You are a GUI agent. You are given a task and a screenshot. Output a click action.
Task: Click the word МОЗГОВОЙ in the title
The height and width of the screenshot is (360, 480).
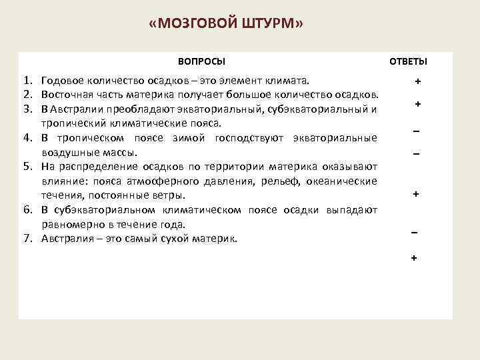[197, 25]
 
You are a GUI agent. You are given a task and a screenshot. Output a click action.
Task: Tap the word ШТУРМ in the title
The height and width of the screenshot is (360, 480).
[270, 25]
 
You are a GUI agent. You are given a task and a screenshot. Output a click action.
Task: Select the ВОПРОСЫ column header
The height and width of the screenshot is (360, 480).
[201, 61]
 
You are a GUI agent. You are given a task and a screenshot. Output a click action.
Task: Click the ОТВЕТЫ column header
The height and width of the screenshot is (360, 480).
[408, 61]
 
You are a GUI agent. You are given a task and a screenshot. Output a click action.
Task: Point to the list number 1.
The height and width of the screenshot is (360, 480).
[27, 81]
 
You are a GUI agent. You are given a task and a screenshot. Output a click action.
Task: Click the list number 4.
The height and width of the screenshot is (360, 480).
[27, 138]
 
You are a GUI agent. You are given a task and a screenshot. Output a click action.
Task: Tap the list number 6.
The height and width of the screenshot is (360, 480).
[27, 210]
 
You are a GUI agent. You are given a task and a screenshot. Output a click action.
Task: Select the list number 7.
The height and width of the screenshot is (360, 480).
[27, 238]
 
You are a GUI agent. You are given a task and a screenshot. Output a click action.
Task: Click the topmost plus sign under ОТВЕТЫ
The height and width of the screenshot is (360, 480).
[417, 81]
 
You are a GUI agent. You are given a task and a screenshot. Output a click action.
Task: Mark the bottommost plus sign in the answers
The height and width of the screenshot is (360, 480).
[414, 257]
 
